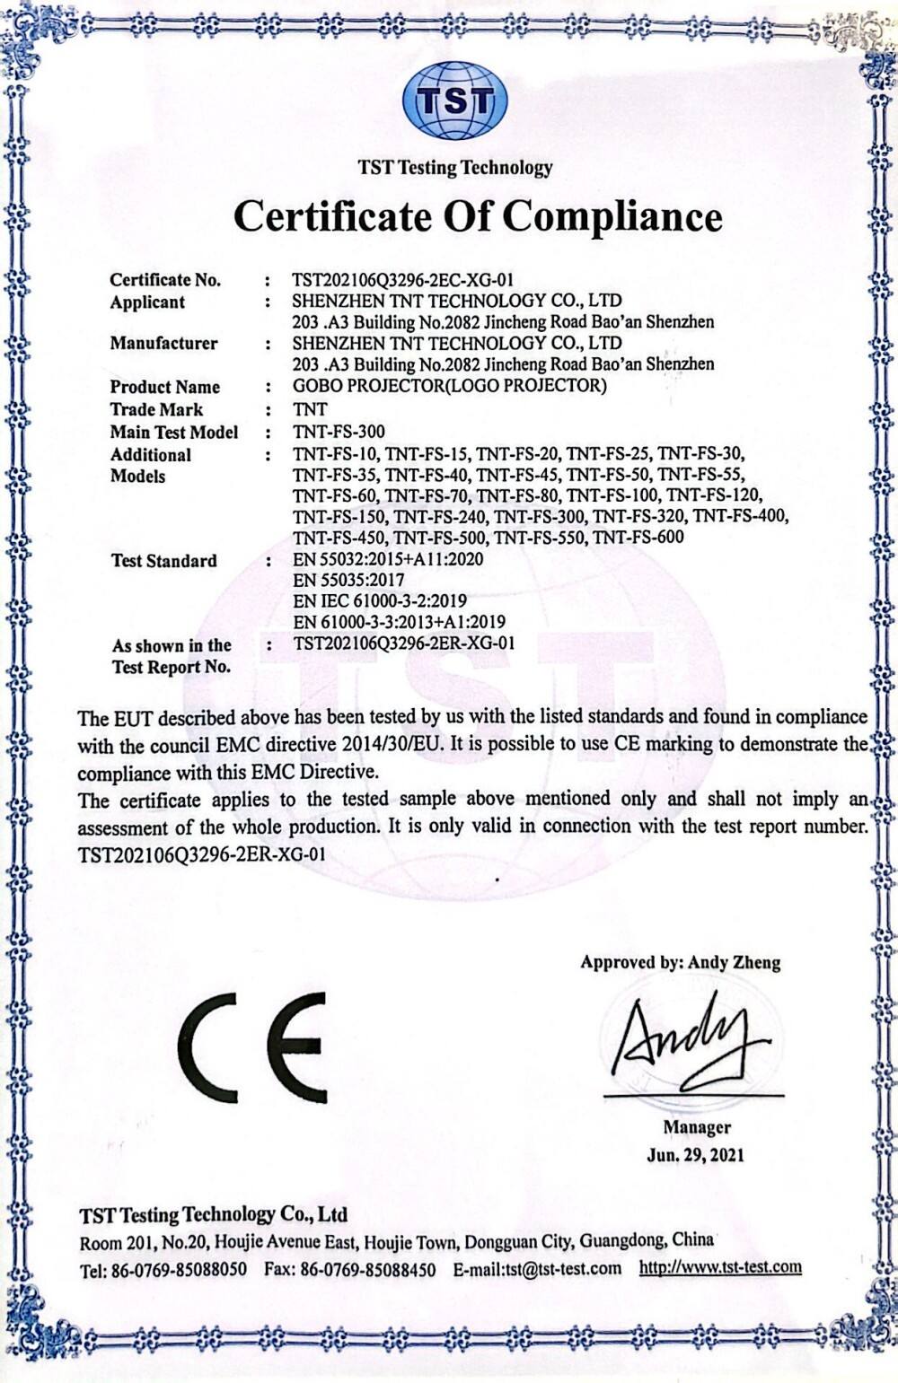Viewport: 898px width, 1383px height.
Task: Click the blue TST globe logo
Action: (x=454, y=101)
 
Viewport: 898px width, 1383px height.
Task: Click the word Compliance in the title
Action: (x=612, y=216)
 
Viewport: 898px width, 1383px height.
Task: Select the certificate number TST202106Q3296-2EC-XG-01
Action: (x=403, y=280)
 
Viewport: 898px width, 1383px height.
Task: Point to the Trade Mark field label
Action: (x=156, y=409)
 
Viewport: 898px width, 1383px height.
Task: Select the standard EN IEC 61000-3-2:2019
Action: (x=380, y=600)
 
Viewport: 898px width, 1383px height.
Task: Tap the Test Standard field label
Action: (x=163, y=561)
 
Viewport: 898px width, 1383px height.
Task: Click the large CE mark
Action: (x=251, y=1038)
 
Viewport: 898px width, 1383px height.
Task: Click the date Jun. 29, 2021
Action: (x=695, y=1155)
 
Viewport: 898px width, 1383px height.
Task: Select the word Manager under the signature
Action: (x=697, y=1127)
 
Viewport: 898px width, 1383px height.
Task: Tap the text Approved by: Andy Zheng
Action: (x=680, y=963)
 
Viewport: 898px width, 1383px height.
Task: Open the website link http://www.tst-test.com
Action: (x=720, y=1267)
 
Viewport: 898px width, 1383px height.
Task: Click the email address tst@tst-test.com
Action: (x=562, y=1268)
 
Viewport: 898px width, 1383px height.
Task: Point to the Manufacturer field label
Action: (x=163, y=343)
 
